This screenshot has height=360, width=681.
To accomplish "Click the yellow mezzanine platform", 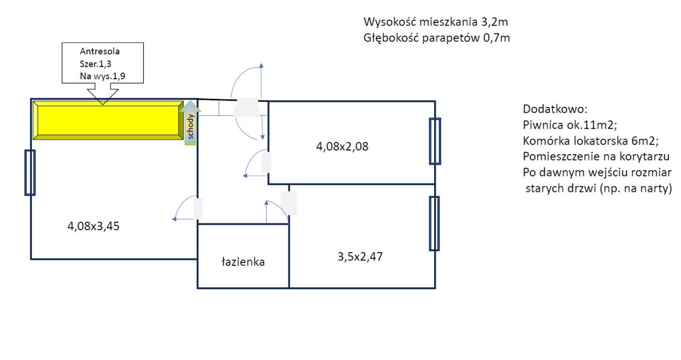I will [x=107, y=122].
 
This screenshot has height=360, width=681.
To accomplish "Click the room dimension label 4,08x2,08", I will [x=342, y=146].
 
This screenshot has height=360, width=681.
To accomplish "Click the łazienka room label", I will [x=243, y=262].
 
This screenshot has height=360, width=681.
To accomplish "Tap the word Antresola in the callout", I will [x=99, y=52].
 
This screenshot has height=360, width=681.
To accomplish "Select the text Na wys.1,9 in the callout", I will [x=102, y=76].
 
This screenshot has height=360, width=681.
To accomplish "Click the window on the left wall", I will [x=30, y=172].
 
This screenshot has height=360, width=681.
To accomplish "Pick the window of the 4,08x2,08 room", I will [x=435, y=141].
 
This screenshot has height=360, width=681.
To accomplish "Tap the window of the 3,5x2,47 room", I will [x=434, y=223].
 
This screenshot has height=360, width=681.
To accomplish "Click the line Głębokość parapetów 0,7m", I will [x=437, y=38].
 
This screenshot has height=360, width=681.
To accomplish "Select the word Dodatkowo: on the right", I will [x=554, y=110].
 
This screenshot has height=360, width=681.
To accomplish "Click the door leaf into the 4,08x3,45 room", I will [x=198, y=209].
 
